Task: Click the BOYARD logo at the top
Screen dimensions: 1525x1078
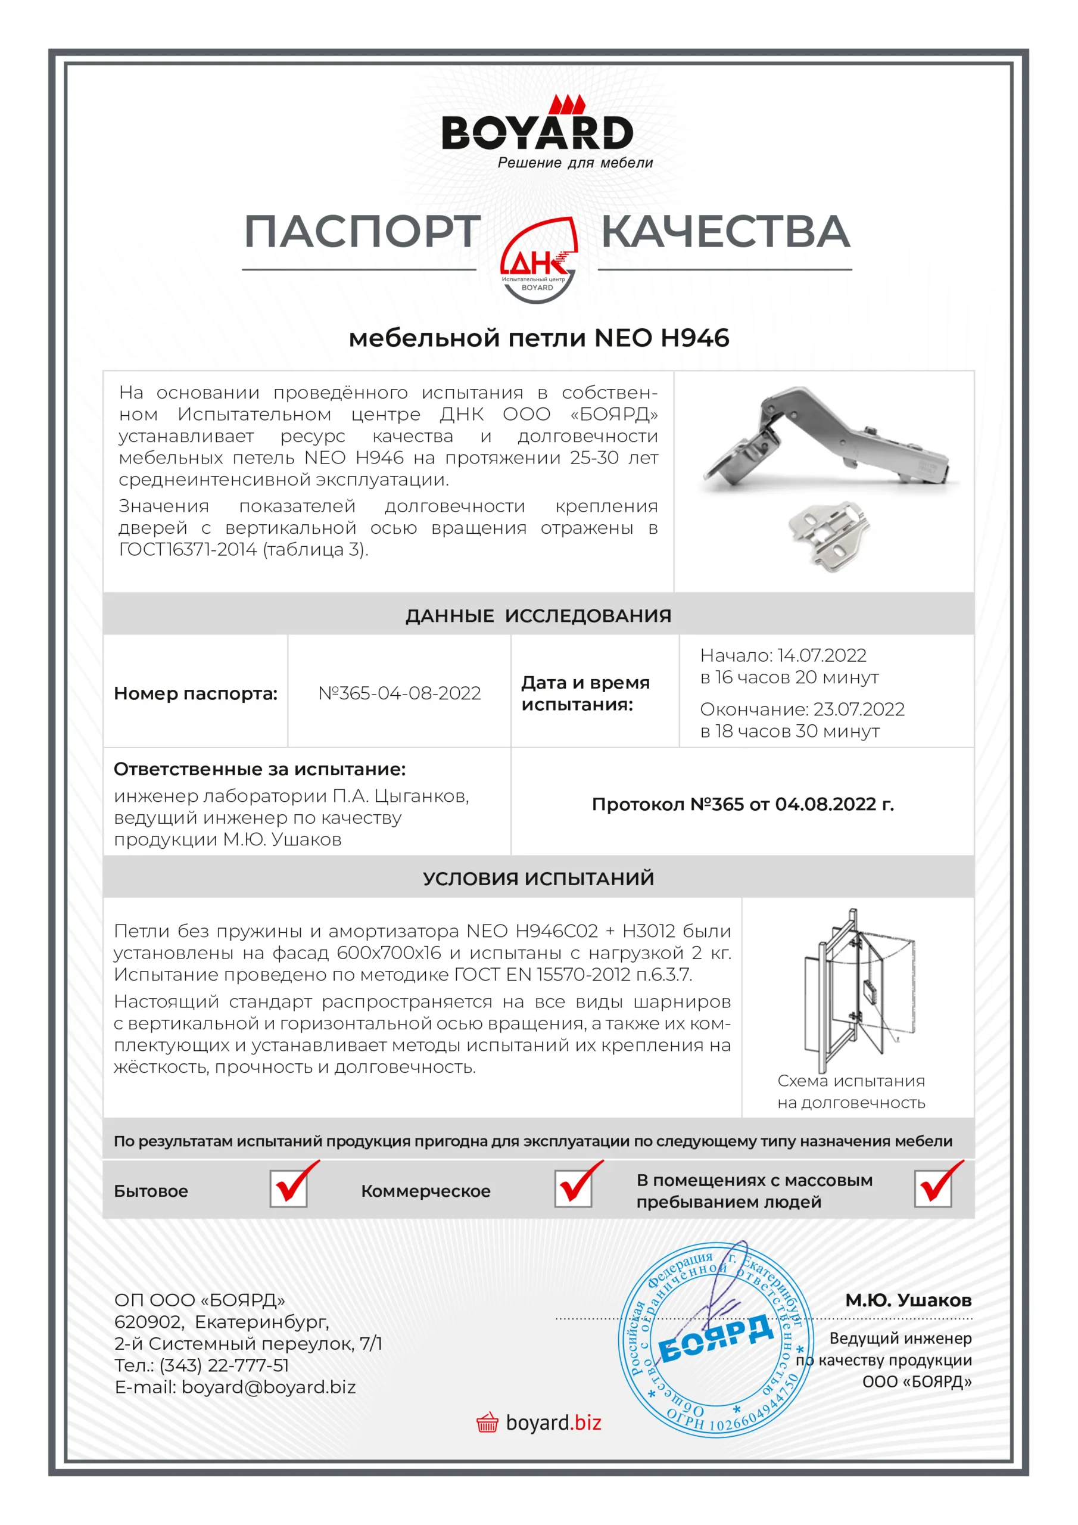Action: point(537,132)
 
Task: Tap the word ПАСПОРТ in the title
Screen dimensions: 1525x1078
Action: point(362,232)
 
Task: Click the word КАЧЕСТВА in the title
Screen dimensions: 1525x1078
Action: point(725,232)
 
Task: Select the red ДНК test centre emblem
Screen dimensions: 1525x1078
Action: point(538,260)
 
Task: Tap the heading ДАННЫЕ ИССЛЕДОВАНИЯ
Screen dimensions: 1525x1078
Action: point(538,616)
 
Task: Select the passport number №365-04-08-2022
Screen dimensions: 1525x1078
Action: point(399,693)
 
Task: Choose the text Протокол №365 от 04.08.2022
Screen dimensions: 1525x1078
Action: point(743,804)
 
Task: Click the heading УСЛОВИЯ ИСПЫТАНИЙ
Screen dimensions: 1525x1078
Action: point(538,878)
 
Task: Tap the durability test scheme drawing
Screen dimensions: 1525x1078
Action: point(857,989)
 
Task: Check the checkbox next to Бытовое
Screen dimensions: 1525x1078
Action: point(289,1189)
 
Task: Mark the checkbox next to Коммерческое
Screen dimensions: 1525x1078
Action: point(573,1189)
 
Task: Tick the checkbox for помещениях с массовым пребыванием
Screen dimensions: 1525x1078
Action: point(933,1189)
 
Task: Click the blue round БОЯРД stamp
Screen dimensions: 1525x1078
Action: point(716,1340)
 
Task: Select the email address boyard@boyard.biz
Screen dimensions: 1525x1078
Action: point(269,1387)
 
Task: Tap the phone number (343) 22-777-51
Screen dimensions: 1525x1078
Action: point(224,1365)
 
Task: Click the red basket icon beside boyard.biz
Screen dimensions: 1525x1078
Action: point(487,1423)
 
